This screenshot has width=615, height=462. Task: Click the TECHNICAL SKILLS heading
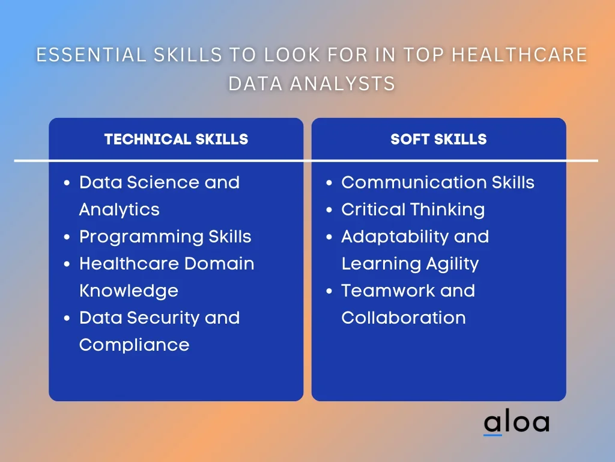click(x=176, y=139)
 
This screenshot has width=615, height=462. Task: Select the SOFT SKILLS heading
click(x=438, y=139)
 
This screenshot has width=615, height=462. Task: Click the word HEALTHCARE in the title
click(x=520, y=55)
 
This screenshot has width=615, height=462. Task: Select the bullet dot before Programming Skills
click(x=67, y=237)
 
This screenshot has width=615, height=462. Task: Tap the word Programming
click(x=141, y=237)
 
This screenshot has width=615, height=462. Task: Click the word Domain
click(x=219, y=263)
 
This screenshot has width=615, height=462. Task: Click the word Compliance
click(x=134, y=345)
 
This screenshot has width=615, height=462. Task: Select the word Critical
click(x=373, y=209)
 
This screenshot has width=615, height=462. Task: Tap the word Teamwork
click(x=387, y=291)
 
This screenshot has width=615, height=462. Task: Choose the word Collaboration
click(x=404, y=318)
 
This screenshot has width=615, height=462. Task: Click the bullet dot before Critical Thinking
click(x=329, y=210)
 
